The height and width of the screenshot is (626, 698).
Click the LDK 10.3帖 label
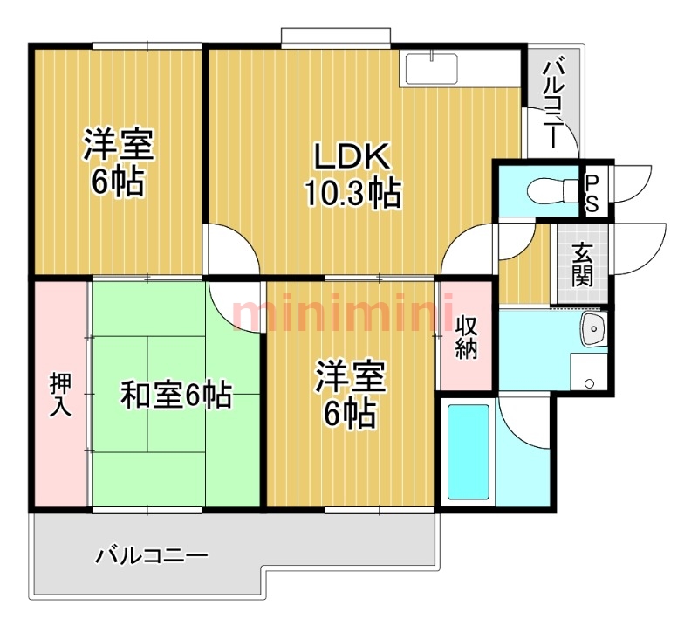(x=352, y=175)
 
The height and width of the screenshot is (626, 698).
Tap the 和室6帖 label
(x=174, y=396)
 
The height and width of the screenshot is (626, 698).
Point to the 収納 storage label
(x=467, y=336)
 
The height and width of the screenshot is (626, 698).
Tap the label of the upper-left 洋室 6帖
(x=120, y=162)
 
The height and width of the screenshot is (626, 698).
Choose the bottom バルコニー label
(x=153, y=555)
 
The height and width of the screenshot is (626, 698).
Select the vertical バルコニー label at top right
(x=552, y=92)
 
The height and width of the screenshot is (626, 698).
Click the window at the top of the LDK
(x=334, y=38)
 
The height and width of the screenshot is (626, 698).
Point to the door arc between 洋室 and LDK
(x=234, y=248)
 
